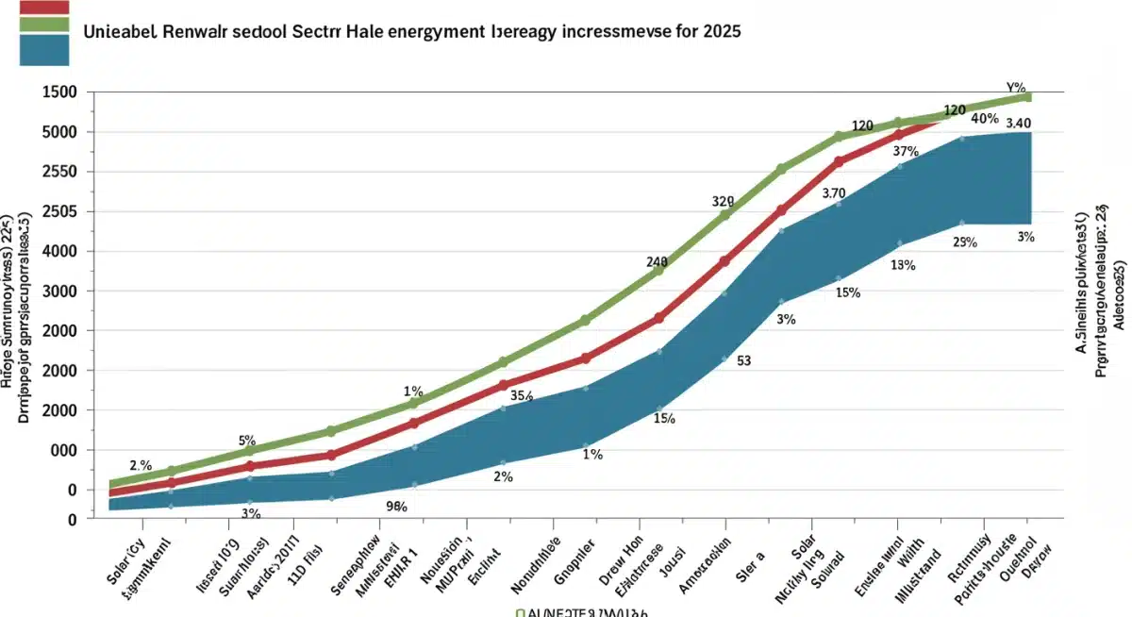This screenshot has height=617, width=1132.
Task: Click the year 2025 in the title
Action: coord(720,30)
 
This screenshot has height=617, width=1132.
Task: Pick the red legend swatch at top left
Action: coord(43,8)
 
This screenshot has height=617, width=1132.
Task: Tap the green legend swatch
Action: coord(43,24)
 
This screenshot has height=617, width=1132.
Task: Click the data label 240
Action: coord(657,262)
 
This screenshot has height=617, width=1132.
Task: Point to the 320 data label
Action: coord(723,202)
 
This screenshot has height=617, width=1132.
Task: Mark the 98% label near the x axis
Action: coord(396,507)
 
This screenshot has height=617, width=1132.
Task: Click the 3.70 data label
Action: coord(834,193)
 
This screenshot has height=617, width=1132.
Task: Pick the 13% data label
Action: coord(903,265)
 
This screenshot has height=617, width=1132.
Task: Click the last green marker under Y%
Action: coord(1026,97)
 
